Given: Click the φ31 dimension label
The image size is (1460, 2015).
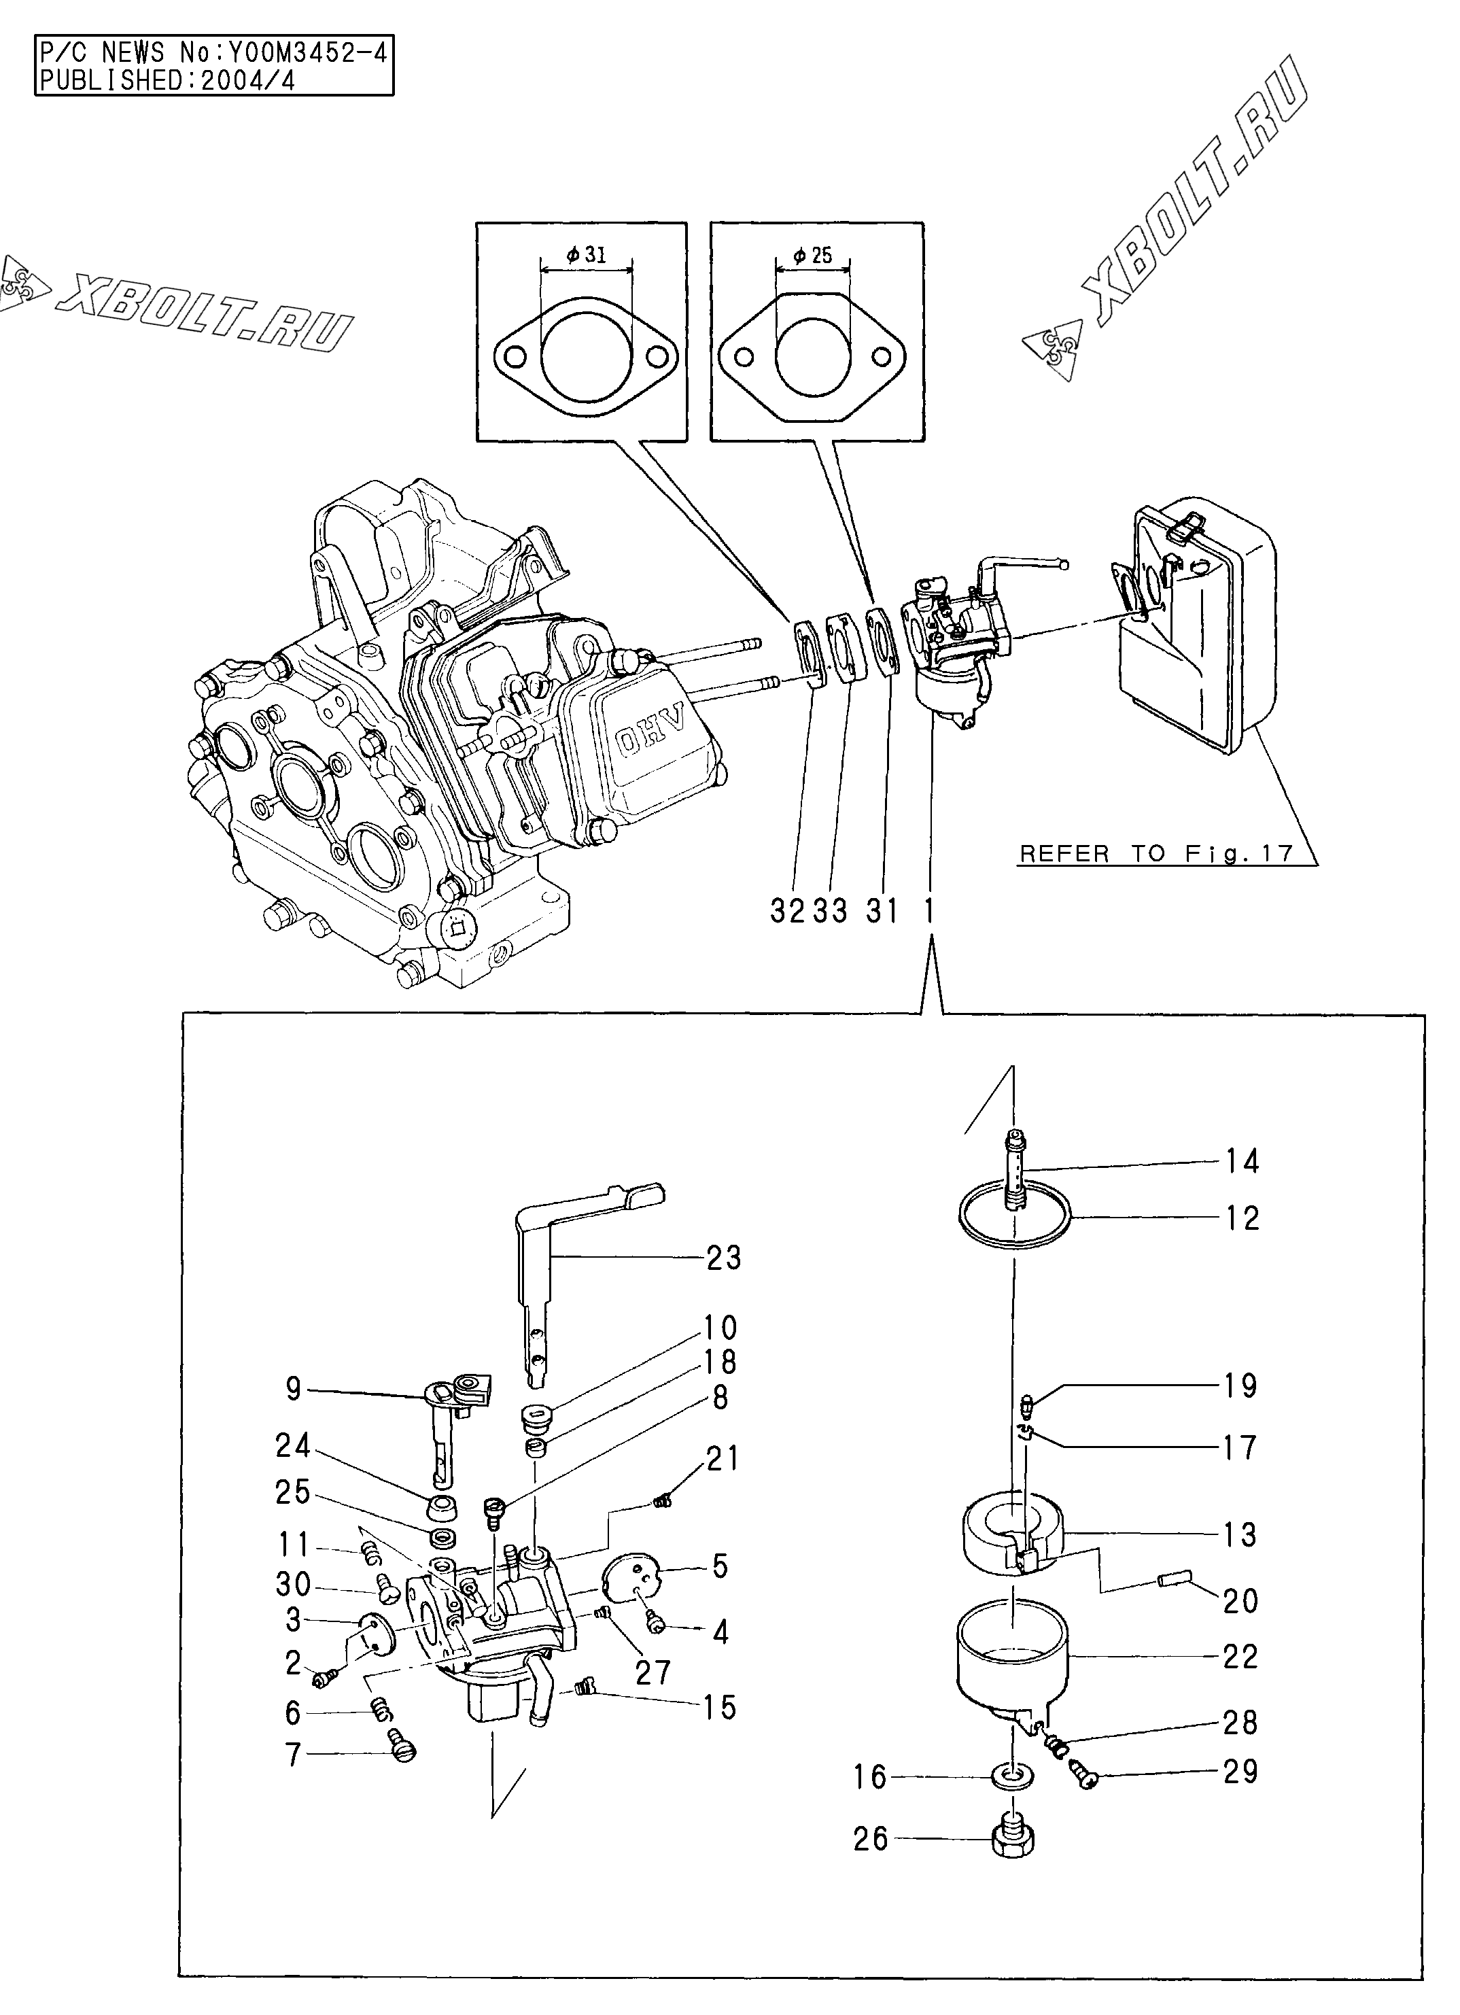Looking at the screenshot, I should point(585,255).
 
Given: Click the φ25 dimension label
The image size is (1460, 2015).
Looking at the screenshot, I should point(813,256).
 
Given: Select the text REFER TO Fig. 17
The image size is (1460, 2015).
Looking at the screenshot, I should point(1156,855).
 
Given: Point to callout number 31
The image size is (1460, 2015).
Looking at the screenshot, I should point(882,911).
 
